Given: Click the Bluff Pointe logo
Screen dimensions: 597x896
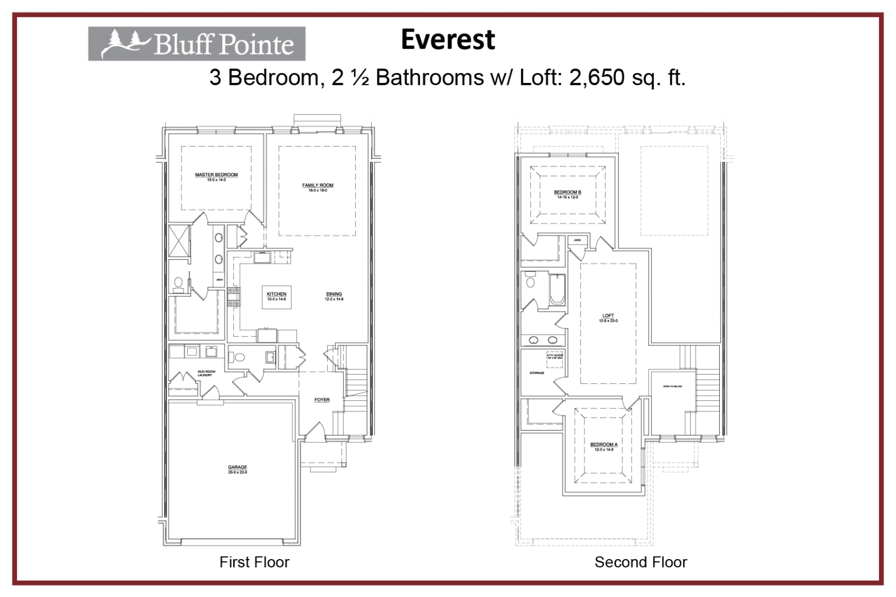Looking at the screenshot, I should (197, 44).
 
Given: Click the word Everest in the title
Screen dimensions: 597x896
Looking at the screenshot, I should (447, 40).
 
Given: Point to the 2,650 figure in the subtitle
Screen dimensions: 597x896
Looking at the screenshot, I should (597, 78).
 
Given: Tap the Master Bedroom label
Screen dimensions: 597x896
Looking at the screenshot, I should (216, 174).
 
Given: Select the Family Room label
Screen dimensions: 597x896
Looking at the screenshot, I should (318, 185).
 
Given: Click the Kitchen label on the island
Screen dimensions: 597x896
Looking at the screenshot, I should (276, 294).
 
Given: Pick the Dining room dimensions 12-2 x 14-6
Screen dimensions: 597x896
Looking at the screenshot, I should (334, 299).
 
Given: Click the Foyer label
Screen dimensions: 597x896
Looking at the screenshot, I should (322, 400).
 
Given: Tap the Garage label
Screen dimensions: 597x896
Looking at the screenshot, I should (237, 467).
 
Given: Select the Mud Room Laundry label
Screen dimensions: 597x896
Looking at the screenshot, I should (206, 373).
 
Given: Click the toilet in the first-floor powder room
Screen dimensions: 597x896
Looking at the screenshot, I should (239, 357).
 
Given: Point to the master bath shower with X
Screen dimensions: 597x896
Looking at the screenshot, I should (179, 240).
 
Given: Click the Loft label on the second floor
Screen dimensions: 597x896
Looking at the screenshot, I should (608, 316).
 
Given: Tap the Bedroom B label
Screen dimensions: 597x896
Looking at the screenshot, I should (568, 192).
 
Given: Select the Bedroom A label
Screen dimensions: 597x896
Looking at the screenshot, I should (604, 445).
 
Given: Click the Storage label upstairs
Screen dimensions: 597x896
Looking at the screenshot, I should (537, 373).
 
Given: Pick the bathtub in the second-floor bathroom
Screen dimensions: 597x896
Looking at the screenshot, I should (557, 290).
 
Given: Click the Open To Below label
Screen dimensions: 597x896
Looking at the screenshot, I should (672, 386).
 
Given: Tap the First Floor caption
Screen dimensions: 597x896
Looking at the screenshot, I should (254, 562).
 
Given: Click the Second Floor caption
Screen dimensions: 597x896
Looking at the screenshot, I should (640, 562).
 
